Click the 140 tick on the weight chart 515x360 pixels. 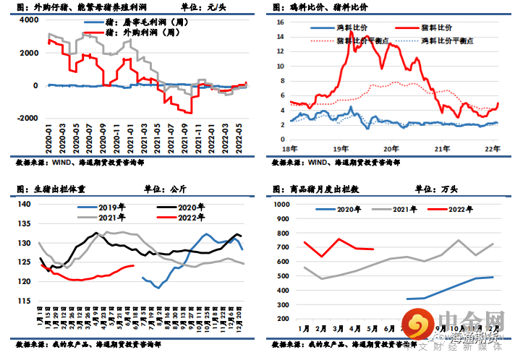pos(23,204)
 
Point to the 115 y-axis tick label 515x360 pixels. pos(23,301)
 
